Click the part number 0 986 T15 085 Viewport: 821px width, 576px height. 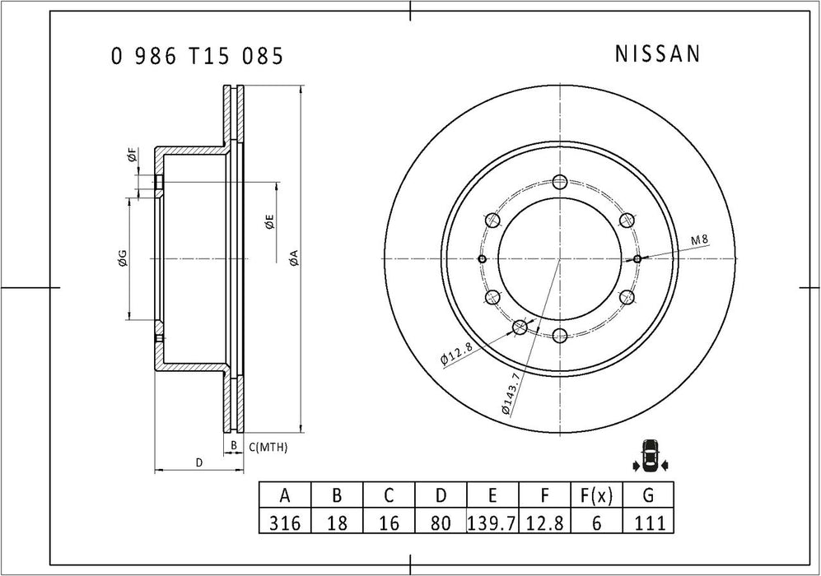(x=198, y=56)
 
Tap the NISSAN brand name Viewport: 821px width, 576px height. (x=658, y=54)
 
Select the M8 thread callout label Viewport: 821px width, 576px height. (x=699, y=239)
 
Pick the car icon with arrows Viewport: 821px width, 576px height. (x=650, y=455)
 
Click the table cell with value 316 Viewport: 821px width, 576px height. (x=285, y=521)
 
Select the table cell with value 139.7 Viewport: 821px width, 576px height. (x=492, y=521)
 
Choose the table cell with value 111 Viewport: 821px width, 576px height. (x=648, y=521)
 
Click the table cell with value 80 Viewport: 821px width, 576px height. (x=441, y=521)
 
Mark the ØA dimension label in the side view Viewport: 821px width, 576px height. (x=292, y=258)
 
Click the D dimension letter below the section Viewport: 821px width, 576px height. (x=198, y=463)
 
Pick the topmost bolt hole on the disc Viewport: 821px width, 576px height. (x=560, y=183)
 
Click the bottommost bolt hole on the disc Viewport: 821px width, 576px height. (x=560, y=334)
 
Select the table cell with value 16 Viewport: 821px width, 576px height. (x=389, y=521)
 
